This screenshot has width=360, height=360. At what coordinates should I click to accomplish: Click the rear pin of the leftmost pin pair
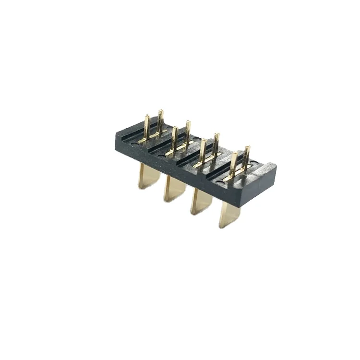click(x=160, y=120)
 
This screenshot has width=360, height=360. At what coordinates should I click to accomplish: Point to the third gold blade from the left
click(x=201, y=202)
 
